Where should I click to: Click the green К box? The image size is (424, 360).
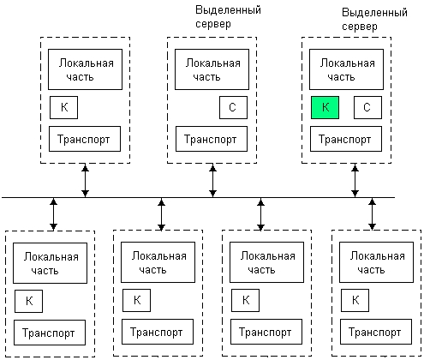tap(325, 107)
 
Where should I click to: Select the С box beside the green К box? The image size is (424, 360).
tap(367, 107)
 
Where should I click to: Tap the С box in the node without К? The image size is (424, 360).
tap(233, 107)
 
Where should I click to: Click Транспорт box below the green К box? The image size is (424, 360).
tap(346, 139)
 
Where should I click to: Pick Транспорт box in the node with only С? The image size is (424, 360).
tap(212, 139)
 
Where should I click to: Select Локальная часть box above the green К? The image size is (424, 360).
tap(346, 69)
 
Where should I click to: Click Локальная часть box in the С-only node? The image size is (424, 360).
tap(212, 69)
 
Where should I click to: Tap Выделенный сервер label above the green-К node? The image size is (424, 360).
tap(374, 20)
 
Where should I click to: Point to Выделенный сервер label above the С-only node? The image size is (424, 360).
tap(228, 17)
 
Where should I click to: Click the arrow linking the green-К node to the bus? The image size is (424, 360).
tap(355, 180)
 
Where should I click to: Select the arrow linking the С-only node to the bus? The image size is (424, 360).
tap(212, 180)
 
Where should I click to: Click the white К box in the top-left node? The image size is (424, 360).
tap(63, 107)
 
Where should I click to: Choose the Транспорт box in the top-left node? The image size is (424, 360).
tap(85, 139)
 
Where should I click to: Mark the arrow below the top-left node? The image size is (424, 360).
tap(85, 180)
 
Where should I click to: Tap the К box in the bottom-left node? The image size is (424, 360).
tap(28, 301)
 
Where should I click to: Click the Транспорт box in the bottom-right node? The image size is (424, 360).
tap(376, 332)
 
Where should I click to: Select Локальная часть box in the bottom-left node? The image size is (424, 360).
tap(50, 263)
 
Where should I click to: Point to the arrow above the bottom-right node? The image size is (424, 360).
tap(372, 214)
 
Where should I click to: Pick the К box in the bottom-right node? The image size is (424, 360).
tap(355, 300)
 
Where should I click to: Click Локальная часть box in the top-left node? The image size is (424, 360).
tap(85, 69)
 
